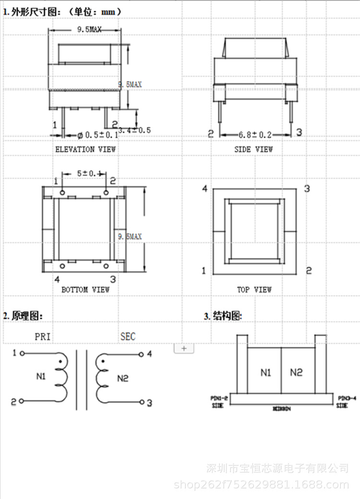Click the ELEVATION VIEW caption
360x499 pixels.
coord(85,149)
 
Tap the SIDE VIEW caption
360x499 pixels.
coord(253,149)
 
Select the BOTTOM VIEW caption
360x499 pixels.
coord(85,290)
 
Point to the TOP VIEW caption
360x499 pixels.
coord(254,290)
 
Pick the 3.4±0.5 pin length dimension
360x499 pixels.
coord(134,130)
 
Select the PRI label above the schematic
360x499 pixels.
coord(42,337)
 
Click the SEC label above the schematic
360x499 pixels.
coord(128,337)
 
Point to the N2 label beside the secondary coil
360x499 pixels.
coord(123,378)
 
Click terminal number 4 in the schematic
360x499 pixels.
coord(149,354)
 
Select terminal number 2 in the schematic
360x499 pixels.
coord(14,401)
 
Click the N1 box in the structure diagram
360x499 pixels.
coord(266,372)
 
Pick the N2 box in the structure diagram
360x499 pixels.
coord(297,372)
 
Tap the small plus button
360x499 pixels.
coord(184,349)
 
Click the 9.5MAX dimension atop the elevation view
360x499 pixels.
coord(90,30)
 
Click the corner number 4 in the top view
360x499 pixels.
coord(204,189)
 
